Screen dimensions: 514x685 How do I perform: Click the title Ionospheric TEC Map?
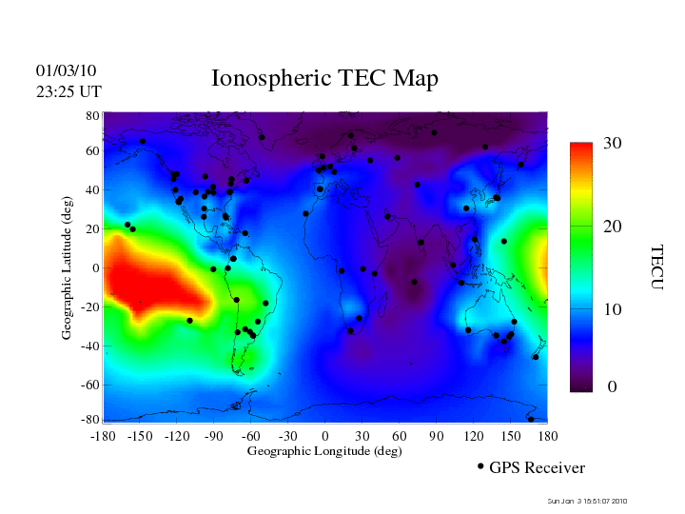[x=324, y=79]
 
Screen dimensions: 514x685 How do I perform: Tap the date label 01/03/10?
[x=66, y=71]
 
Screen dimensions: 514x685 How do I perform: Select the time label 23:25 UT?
[x=68, y=91]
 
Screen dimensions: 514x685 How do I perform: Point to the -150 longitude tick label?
[x=140, y=435]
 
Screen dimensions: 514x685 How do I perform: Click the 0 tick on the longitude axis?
[x=325, y=435]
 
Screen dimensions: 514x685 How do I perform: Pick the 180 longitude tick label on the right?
[x=547, y=435]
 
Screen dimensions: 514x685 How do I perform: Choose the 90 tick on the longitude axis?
[x=437, y=435]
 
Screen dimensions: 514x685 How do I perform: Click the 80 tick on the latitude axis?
[x=93, y=115]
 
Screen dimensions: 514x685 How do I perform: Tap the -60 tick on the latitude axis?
[x=90, y=385]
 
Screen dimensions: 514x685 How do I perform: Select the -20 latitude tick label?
[x=90, y=307]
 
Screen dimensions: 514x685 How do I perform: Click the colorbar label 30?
[x=613, y=144]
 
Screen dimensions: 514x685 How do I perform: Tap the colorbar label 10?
[x=613, y=310]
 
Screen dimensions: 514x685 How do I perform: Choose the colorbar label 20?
[x=613, y=227]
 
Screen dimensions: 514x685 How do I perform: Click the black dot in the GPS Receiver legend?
[x=480, y=466]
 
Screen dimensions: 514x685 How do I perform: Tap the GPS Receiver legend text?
[x=537, y=468]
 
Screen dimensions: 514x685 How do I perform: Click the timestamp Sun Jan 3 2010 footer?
[x=587, y=501]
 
